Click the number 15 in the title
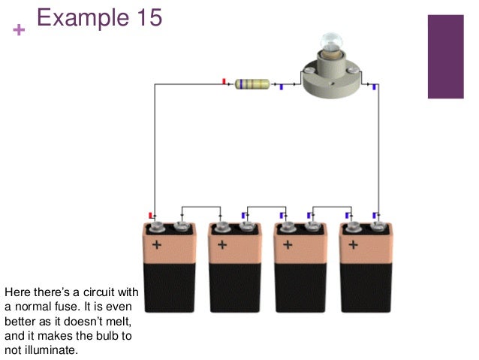coord(149,17)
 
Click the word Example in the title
coord(83,18)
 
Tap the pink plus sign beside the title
coord(19,30)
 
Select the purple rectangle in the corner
coord(446,56)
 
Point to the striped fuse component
coord(252,84)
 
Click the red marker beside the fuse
coord(224,81)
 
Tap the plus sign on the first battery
coord(157,245)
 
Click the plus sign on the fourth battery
coord(354,245)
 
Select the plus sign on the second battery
coord(222,245)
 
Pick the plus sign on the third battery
coord(288,245)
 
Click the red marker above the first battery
coord(151,216)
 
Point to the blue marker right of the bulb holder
coord(374,87)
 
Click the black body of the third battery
coord(300,288)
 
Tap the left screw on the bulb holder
coord(309,71)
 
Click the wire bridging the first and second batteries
coord(201,207)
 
